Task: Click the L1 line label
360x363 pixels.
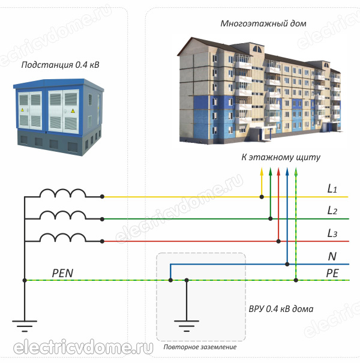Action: tap(332, 188)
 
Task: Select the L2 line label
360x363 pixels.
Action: tap(332, 211)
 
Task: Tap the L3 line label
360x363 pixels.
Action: tap(332, 233)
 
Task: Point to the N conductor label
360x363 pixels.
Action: tap(332, 256)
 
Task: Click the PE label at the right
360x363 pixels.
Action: tap(332, 274)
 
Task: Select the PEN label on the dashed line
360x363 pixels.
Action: tap(62, 273)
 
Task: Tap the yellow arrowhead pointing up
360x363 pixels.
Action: tap(262, 172)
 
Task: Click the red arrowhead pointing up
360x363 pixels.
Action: tap(278, 172)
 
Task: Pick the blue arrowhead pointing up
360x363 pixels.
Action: tap(287, 172)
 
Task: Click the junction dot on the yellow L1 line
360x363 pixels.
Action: tap(262, 197)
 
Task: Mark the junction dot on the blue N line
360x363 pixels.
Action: tap(287, 264)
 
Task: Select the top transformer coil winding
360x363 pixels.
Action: tap(63, 193)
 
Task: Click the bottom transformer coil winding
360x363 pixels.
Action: tap(63, 238)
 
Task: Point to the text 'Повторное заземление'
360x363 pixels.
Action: tap(200, 347)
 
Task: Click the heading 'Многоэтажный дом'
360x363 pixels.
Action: tap(263, 23)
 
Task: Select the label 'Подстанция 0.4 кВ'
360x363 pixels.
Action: tap(60, 65)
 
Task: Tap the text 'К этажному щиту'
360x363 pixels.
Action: tap(281, 157)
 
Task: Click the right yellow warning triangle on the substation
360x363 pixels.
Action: tap(73, 110)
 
